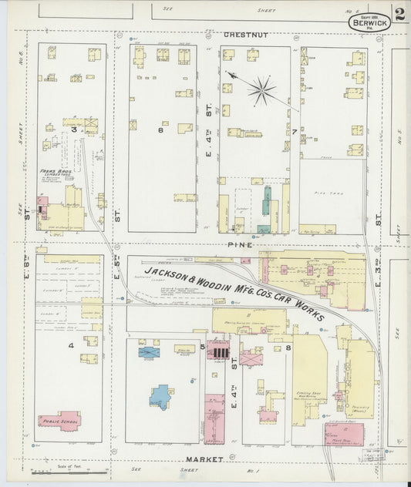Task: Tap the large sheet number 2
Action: tap(399, 14)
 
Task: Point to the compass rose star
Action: tap(261, 91)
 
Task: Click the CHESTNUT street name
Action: tap(244, 35)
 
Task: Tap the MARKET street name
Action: tap(204, 459)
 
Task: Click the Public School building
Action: tap(59, 421)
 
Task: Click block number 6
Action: tap(161, 130)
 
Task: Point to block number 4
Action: tap(72, 346)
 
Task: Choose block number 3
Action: tap(74, 130)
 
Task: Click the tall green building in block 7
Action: tap(268, 200)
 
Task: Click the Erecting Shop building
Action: tap(308, 378)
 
